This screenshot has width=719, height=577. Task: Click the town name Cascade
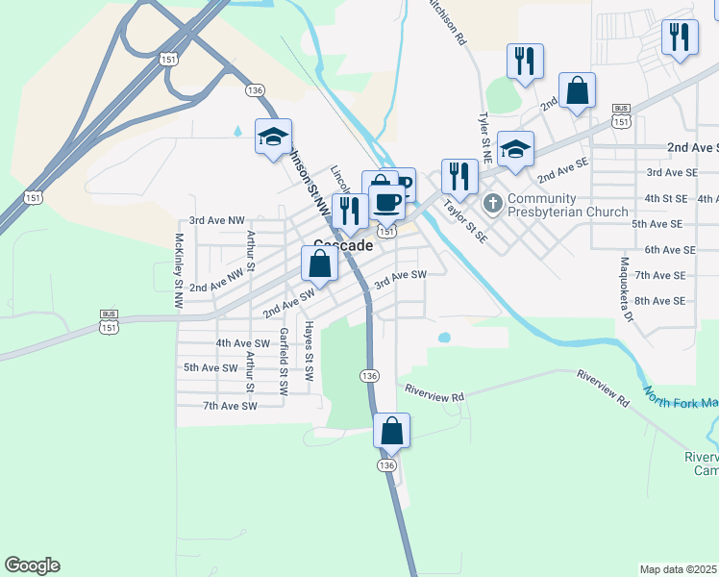pyautogui.click(x=344, y=245)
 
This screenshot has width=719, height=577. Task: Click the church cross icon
pyautogui.click(x=494, y=202)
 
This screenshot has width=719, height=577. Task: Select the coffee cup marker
pyautogui.click(x=387, y=203)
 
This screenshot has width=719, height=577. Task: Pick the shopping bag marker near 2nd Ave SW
pyautogui.click(x=320, y=263)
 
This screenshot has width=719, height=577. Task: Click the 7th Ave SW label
pyautogui.click(x=230, y=406)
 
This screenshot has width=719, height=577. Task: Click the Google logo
pyautogui.click(x=32, y=565)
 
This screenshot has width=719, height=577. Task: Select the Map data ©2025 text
pyautogui.click(x=678, y=569)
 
